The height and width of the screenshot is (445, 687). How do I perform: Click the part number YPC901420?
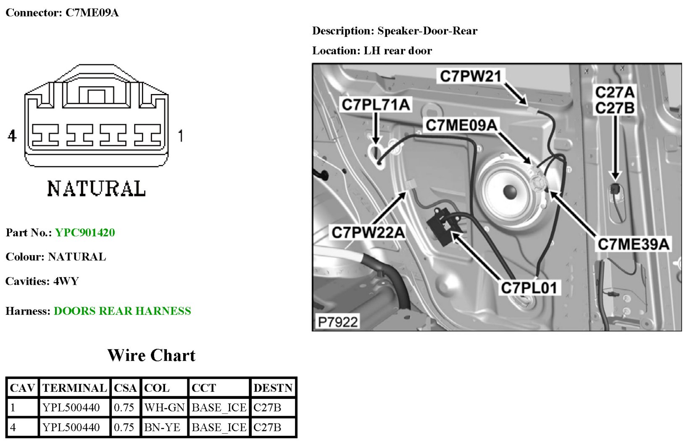(85, 233)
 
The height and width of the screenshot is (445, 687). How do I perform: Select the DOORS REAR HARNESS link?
(122, 311)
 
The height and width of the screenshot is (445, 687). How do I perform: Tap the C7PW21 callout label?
(470, 76)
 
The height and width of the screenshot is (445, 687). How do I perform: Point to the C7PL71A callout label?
(376, 105)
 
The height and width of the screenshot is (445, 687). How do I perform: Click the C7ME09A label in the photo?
(461, 125)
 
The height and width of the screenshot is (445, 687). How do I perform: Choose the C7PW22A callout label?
(368, 232)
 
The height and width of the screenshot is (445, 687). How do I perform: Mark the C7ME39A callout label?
(633, 244)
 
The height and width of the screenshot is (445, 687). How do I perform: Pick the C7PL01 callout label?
(529, 288)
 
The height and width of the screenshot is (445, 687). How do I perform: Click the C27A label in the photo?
(615, 92)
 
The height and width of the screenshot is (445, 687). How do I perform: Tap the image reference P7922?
(338, 322)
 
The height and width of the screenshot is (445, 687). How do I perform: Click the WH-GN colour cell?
(164, 408)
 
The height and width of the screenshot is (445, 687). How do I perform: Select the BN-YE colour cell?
(162, 427)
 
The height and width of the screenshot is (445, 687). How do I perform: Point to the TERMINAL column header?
(74, 388)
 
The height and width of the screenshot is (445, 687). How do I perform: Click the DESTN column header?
(273, 388)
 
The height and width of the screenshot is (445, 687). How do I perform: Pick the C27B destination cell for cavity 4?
(267, 427)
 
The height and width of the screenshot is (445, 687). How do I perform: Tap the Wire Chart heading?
(151, 356)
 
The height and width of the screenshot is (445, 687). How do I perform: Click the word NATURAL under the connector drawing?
(96, 188)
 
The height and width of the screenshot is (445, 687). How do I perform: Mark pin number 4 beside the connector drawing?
(12, 136)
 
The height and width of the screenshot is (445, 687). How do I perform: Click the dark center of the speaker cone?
(509, 192)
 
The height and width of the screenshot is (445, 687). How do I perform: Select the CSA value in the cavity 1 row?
(124, 408)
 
